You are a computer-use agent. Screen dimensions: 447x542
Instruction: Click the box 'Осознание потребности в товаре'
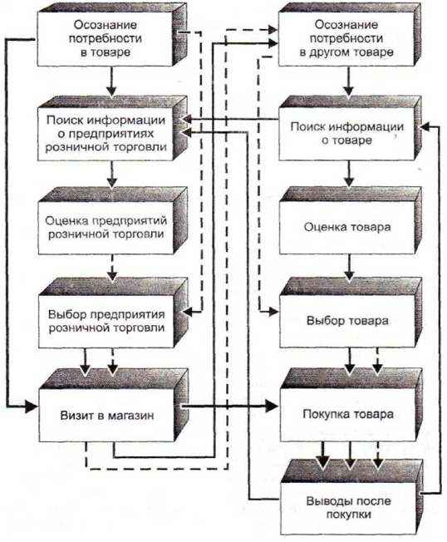[x=105, y=38]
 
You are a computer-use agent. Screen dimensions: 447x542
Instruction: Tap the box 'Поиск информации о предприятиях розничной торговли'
[x=106, y=134]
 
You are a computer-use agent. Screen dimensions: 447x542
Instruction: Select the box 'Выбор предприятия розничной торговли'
[x=106, y=321]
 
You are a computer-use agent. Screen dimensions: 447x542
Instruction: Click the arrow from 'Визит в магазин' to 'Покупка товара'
[x=229, y=406]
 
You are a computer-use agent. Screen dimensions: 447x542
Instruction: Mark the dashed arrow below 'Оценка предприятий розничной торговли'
[x=113, y=268]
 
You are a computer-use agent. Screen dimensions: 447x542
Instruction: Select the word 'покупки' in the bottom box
[x=349, y=515]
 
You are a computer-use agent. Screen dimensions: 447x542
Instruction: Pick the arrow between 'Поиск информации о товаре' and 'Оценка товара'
[x=349, y=174]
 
